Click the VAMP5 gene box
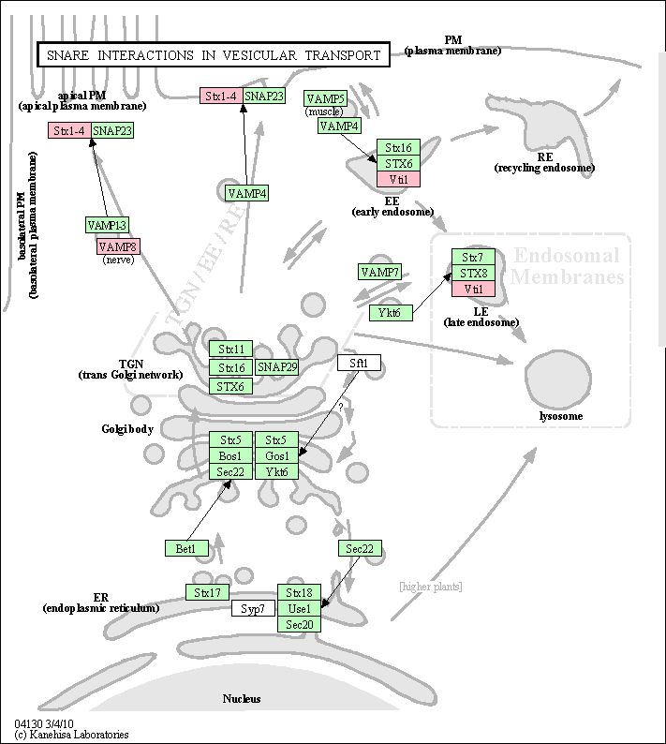pyautogui.click(x=325, y=98)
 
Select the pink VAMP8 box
pyautogui.click(x=118, y=246)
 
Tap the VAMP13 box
pyautogui.click(x=107, y=225)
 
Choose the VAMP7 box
pyautogui.click(x=379, y=272)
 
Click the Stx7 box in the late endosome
pyautogui.click(x=473, y=257)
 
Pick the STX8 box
pyautogui.click(x=473, y=273)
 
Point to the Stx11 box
pyautogui.click(x=231, y=349)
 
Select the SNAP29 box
pyautogui.click(x=277, y=366)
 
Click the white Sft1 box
pyautogui.click(x=359, y=363)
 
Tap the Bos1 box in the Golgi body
pyautogui.click(x=230, y=455)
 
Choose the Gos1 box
pyautogui.click(x=276, y=455)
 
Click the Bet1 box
pyautogui.click(x=186, y=548)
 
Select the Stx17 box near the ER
pyautogui.click(x=207, y=592)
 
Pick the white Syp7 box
pyautogui.click(x=253, y=608)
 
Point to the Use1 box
pyautogui.click(x=299, y=608)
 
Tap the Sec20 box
pyautogui.click(x=299, y=624)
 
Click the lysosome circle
pyautogui.click(x=558, y=379)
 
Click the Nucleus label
pyautogui.click(x=242, y=698)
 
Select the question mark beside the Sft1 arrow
pyautogui.click(x=340, y=407)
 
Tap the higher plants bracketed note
pyautogui.click(x=431, y=587)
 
